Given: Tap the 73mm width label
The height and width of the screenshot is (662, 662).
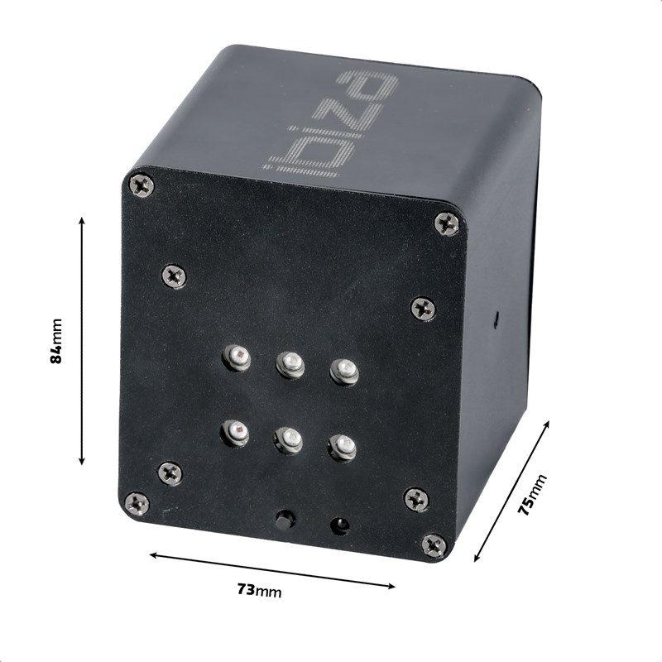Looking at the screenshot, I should point(259,590).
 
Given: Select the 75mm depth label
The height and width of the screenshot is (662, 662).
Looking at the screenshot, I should point(533,496).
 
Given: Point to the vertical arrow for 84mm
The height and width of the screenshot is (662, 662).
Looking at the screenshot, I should point(82,341).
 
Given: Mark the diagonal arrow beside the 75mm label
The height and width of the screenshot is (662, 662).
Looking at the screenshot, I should point(511,492).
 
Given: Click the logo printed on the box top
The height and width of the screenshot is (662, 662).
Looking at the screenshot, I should point(333,124).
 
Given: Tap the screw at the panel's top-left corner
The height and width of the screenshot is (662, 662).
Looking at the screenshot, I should point(142,185).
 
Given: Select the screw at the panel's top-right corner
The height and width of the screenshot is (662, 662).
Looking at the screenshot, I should point(447,223).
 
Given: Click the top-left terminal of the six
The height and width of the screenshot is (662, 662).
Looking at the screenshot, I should point(237,357).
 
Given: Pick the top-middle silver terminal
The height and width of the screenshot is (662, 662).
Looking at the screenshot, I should point(290,363).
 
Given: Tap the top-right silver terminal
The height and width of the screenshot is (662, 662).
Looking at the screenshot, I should point(344,371).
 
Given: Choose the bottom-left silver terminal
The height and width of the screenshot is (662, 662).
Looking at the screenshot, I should point(235,431).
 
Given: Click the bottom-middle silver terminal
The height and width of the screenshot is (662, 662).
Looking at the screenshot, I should point(288,439).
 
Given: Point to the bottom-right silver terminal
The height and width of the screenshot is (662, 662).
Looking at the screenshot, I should point(341,447).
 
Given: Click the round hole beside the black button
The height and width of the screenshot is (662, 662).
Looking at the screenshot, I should point(338,525).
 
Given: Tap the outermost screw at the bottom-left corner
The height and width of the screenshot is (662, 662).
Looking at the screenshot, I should point(137,502).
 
